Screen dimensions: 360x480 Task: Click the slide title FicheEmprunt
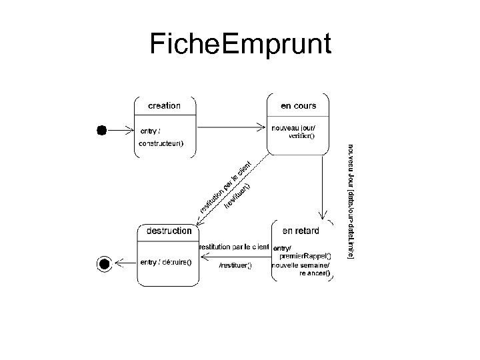pyautogui.click(x=240, y=45)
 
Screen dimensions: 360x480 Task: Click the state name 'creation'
pyautogui.click(x=164, y=105)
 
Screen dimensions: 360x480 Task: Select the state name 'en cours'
pyautogui.click(x=298, y=105)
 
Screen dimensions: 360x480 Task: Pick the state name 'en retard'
pyautogui.click(x=301, y=231)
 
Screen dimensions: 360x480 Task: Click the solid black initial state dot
pyautogui.click(x=101, y=131)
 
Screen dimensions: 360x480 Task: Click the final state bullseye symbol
pyautogui.click(x=103, y=264)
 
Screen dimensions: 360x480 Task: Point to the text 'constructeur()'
pyautogui.click(x=161, y=143)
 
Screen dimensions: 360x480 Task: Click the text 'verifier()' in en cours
pyautogui.click(x=301, y=136)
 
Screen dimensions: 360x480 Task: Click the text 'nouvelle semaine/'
pyautogui.click(x=300, y=265)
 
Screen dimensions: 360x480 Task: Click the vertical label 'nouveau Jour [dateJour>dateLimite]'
pyautogui.click(x=351, y=200)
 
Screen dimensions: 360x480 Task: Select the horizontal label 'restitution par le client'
pyautogui.click(x=233, y=247)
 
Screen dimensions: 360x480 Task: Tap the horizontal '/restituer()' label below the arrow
pyautogui.click(x=235, y=266)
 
